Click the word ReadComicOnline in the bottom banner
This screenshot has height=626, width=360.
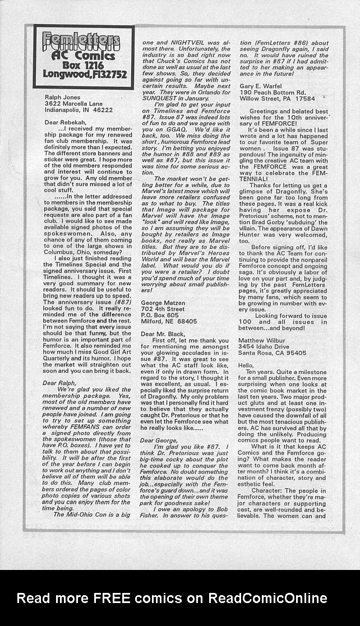267,598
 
